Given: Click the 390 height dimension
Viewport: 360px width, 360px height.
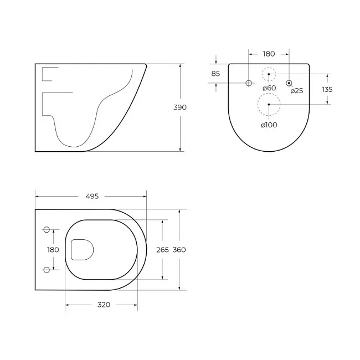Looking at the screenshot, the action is (x=180, y=107).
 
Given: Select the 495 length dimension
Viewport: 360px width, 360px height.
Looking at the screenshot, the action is (x=92, y=196).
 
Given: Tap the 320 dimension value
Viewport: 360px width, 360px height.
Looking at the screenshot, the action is (x=104, y=305).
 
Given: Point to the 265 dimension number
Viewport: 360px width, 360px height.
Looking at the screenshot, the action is (x=162, y=250).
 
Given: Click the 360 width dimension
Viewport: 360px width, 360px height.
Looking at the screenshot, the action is (x=179, y=250).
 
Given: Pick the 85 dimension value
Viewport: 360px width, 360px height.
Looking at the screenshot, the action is (x=215, y=74).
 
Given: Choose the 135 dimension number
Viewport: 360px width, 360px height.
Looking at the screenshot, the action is (x=327, y=89).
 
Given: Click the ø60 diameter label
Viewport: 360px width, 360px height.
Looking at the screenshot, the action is (x=269, y=88).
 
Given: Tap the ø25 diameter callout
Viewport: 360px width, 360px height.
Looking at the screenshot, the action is (x=297, y=91).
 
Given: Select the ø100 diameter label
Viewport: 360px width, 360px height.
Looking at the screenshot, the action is (x=269, y=125).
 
